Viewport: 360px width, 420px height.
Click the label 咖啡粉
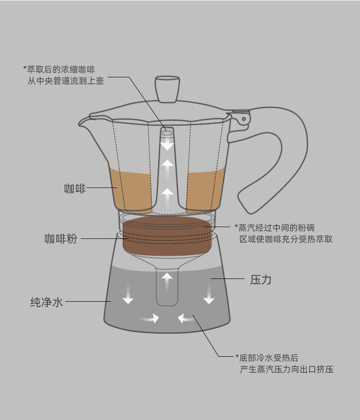[x=60, y=239]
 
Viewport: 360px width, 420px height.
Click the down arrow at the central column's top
[x=167, y=144]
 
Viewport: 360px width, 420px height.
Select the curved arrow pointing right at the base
[x=150, y=318]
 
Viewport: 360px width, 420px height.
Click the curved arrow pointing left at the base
[x=186, y=318]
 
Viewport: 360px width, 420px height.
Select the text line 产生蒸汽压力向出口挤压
[x=286, y=370]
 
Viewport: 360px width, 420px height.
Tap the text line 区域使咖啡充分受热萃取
[x=286, y=239]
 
